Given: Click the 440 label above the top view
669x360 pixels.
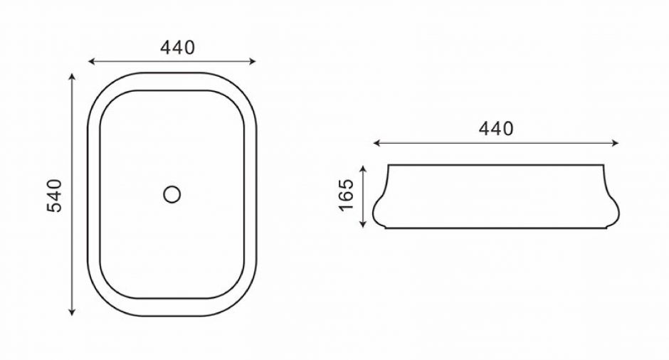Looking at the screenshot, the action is pyautogui.click(x=177, y=48).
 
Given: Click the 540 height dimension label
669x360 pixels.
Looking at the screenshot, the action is pyautogui.click(x=55, y=196).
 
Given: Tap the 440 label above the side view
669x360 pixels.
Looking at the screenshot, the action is pyautogui.click(x=496, y=128).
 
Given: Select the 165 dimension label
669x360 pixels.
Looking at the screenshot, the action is pyautogui.click(x=346, y=195).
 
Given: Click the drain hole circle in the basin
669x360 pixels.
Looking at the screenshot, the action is pyautogui.click(x=172, y=194).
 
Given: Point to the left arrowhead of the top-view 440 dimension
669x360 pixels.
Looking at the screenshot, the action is pyautogui.click(x=91, y=61).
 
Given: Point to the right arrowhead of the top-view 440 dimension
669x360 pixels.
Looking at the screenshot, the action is pyautogui.click(x=253, y=61).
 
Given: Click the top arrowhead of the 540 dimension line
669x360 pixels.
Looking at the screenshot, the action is pyautogui.click(x=72, y=76).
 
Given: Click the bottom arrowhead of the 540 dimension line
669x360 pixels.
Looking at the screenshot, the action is pyautogui.click(x=72, y=312).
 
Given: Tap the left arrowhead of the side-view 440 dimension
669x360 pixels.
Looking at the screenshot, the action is pyautogui.click(x=376, y=143).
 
